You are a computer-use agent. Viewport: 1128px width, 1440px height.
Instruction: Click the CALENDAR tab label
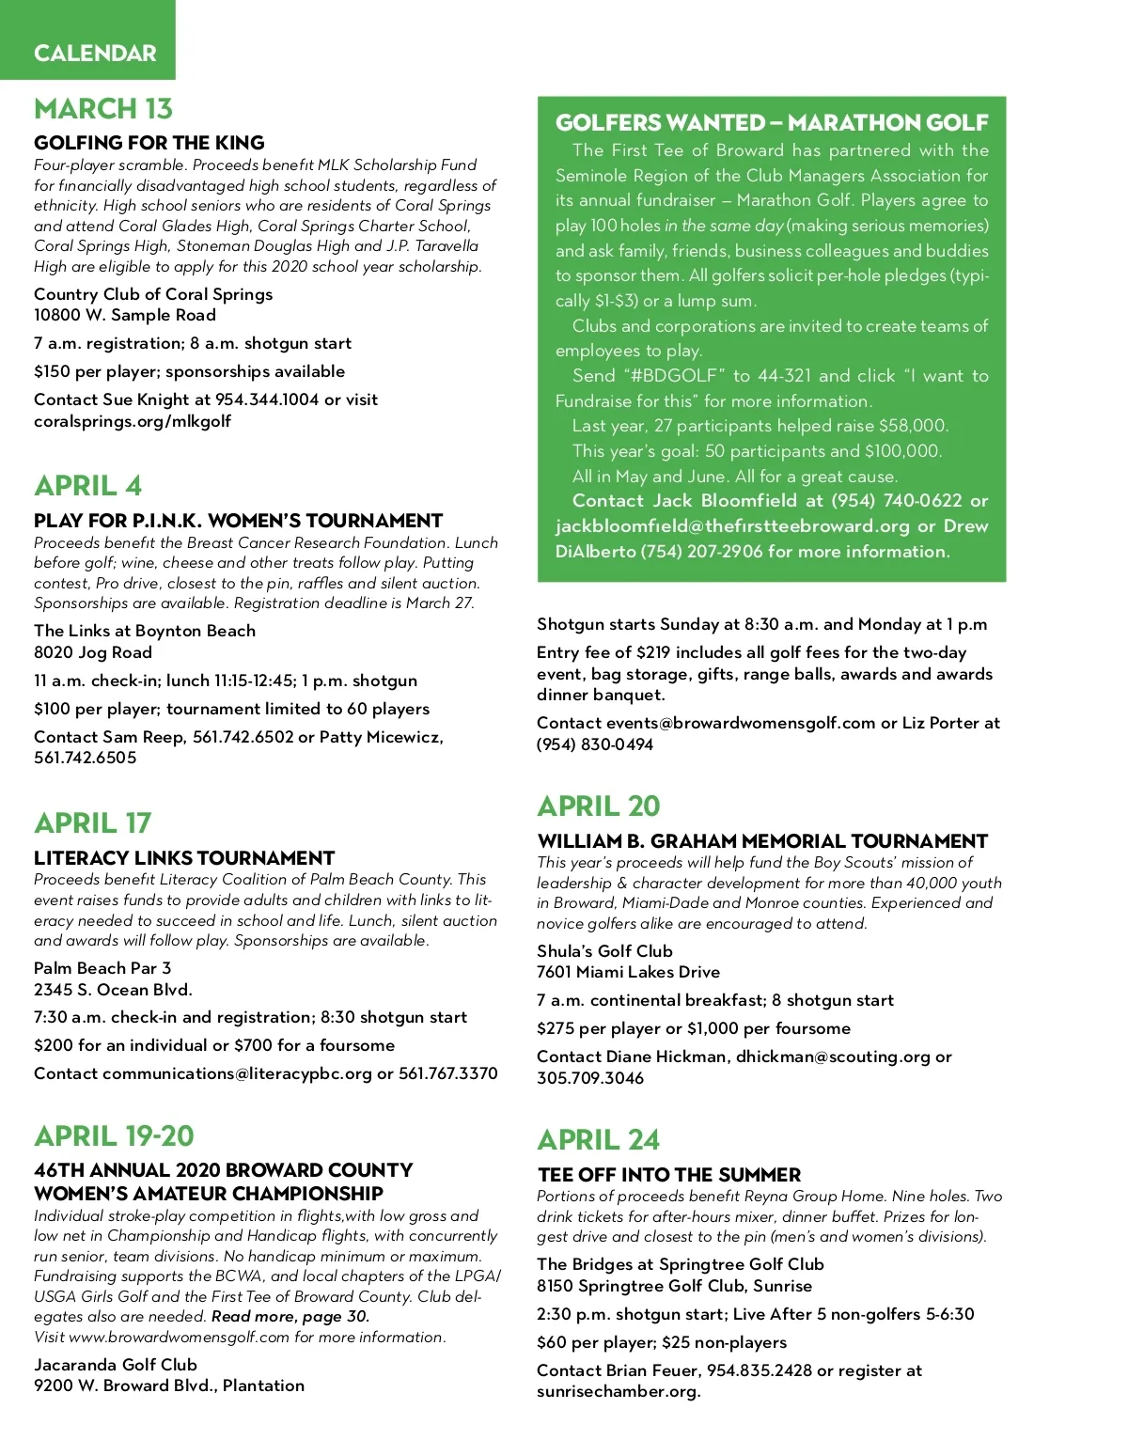(95, 53)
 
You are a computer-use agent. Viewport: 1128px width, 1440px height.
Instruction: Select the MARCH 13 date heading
(103, 109)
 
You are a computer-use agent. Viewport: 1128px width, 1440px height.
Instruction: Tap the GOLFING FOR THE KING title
(149, 143)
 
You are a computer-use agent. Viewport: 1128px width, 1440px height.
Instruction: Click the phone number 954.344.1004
(267, 399)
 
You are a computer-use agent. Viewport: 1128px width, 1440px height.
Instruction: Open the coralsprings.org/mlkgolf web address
(133, 421)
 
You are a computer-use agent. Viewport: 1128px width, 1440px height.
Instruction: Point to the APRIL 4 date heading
(88, 486)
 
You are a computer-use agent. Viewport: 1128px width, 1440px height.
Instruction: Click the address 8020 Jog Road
(93, 652)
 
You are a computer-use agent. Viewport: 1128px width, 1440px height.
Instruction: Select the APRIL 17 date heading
(93, 823)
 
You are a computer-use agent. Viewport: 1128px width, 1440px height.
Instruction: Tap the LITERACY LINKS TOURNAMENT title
(184, 858)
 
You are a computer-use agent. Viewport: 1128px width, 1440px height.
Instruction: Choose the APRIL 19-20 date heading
(115, 1136)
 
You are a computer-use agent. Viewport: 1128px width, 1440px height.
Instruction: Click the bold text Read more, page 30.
(290, 1317)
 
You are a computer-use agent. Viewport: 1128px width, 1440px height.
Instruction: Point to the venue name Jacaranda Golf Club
(116, 1365)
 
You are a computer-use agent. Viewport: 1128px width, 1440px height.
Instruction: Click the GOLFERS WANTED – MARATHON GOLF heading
(772, 123)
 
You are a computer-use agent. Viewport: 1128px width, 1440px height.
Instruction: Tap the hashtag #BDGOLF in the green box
(674, 376)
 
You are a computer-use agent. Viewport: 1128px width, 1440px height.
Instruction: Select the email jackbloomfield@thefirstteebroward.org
(732, 526)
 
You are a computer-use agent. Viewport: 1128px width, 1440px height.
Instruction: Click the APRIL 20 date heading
(599, 806)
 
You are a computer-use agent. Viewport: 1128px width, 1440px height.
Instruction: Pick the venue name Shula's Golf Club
(604, 951)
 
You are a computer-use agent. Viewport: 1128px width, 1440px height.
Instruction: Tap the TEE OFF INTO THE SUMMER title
(669, 1175)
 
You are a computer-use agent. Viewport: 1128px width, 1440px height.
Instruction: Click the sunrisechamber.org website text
(619, 1391)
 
